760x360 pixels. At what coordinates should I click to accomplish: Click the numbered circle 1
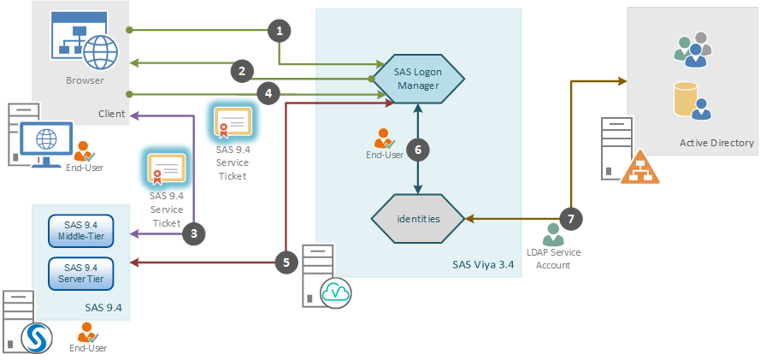point(280,31)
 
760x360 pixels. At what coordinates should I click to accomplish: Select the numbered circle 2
point(242,71)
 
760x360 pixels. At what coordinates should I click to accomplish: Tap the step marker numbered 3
point(194,234)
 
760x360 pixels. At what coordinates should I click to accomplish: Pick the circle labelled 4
point(268,94)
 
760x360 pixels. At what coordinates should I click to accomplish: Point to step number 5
point(286,263)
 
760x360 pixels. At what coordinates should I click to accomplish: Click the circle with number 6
point(418,150)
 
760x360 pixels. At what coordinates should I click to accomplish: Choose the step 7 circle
point(571,219)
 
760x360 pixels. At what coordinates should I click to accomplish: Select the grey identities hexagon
point(418,219)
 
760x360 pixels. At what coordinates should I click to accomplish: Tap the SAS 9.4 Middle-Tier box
point(81,231)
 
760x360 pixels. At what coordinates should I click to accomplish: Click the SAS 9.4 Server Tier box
point(81,274)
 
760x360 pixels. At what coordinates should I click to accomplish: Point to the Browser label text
point(85,80)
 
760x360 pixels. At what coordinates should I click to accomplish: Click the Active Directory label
point(716,143)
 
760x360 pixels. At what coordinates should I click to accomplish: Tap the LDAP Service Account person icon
point(553,234)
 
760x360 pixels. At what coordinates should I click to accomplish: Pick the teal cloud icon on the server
point(336,293)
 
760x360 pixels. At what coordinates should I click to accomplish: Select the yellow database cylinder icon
point(686,99)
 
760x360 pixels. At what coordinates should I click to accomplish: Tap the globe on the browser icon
point(100,52)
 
